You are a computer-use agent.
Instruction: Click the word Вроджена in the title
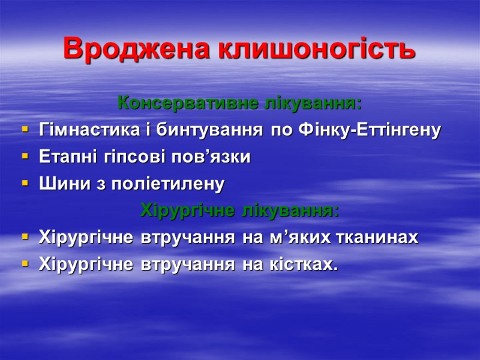(x=137, y=49)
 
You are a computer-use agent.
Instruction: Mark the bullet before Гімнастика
(x=25, y=130)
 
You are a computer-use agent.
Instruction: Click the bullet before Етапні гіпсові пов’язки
(x=25, y=157)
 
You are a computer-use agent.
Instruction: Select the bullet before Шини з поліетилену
(x=25, y=184)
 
